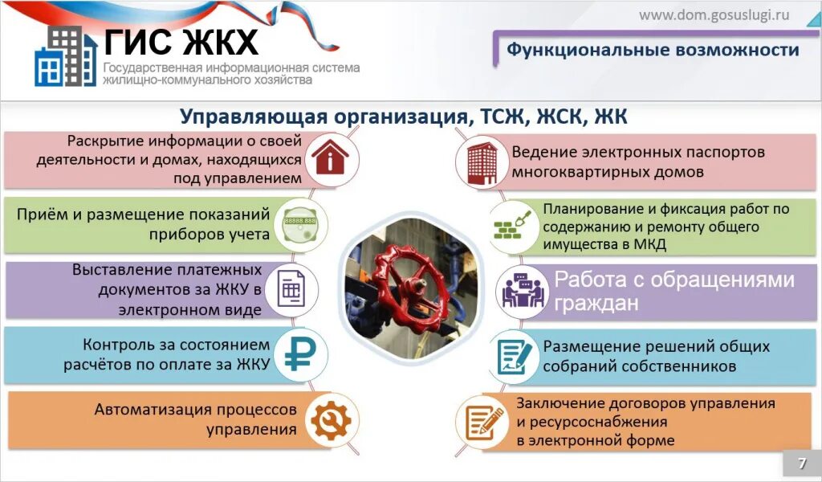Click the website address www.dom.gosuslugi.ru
tap(714, 14)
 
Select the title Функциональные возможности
tap(652, 50)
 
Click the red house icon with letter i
tap(331, 157)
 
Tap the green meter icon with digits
tap(300, 225)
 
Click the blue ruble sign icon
tap(300, 354)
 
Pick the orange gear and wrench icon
tap(331, 419)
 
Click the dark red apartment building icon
tap(482, 161)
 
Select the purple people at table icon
tap(523, 290)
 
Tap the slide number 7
tap(801, 464)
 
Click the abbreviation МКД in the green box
tap(649, 245)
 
